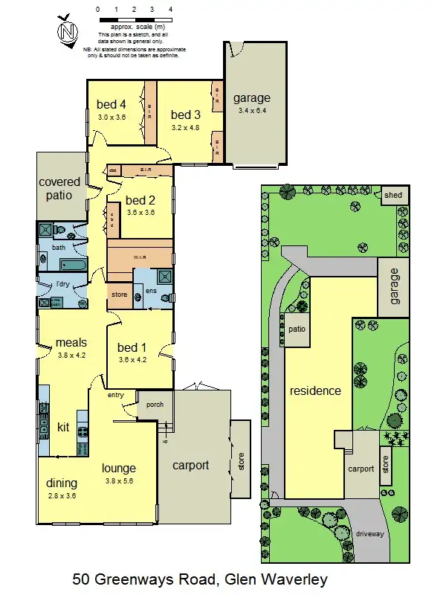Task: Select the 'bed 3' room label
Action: point(186,115)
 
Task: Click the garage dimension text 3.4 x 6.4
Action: point(252,111)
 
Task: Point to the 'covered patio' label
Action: point(55,188)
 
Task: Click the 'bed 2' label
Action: point(140,200)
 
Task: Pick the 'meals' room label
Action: point(71,343)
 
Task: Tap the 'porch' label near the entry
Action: point(155,404)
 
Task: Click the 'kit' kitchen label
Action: point(63,427)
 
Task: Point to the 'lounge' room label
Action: point(119,468)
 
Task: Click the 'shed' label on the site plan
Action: point(392,196)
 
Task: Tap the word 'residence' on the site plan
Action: point(315,390)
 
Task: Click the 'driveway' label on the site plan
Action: point(370,534)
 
